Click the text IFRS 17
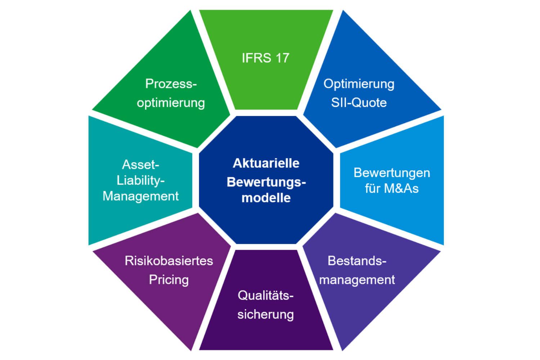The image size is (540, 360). pos(265,58)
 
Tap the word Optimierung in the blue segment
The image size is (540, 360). pos(359,84)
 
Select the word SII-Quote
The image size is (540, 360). pos(359,103)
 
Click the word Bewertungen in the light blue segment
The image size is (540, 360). pos(392,173)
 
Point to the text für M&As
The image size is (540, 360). pos(392,188)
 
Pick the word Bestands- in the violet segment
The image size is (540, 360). pos(357,261)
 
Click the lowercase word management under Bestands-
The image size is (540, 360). pos(357,280)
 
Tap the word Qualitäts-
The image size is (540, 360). pos(266,296)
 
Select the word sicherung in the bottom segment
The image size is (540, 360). pos(266,314)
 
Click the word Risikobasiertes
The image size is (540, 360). pos(169,261)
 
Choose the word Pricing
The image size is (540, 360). pos(169,280)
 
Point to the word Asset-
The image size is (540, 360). pos(140,165)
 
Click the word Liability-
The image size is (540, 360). pos(140,180)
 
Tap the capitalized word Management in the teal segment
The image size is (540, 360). pos(140,196)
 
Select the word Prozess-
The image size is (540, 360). pos(171,84)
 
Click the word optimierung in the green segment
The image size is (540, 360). pos(171,103)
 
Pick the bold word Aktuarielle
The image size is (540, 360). pos(266,163)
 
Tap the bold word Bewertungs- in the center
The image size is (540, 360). pos(266,182)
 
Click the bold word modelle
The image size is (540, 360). pos(266,198)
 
